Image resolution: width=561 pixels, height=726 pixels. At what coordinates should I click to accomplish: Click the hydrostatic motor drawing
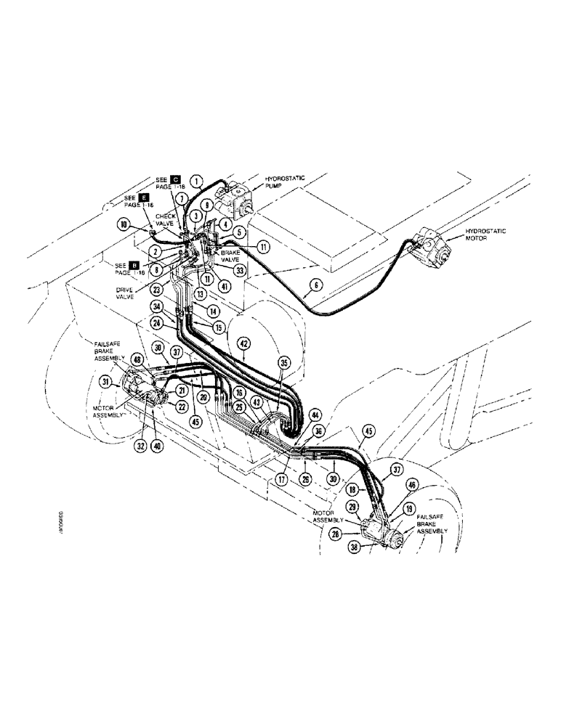tap(433, 249)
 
